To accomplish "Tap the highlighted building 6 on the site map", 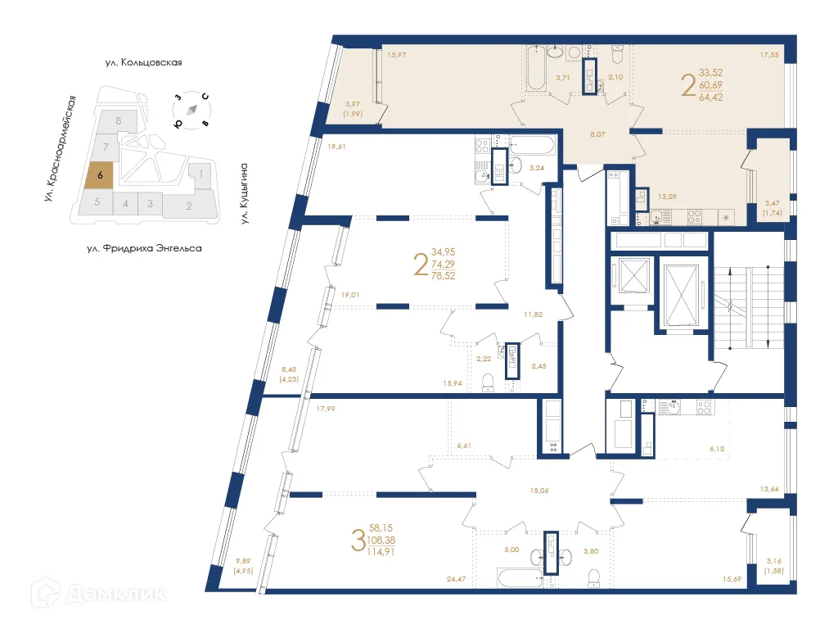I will [99, 174].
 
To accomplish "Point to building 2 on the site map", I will [189, 206].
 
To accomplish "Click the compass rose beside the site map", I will [191, 111].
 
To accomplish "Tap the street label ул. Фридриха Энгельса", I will [143, 247].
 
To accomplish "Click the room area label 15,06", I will [539, 491].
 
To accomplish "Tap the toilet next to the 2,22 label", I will [488, 382].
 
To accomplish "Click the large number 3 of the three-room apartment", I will [357, 541].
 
